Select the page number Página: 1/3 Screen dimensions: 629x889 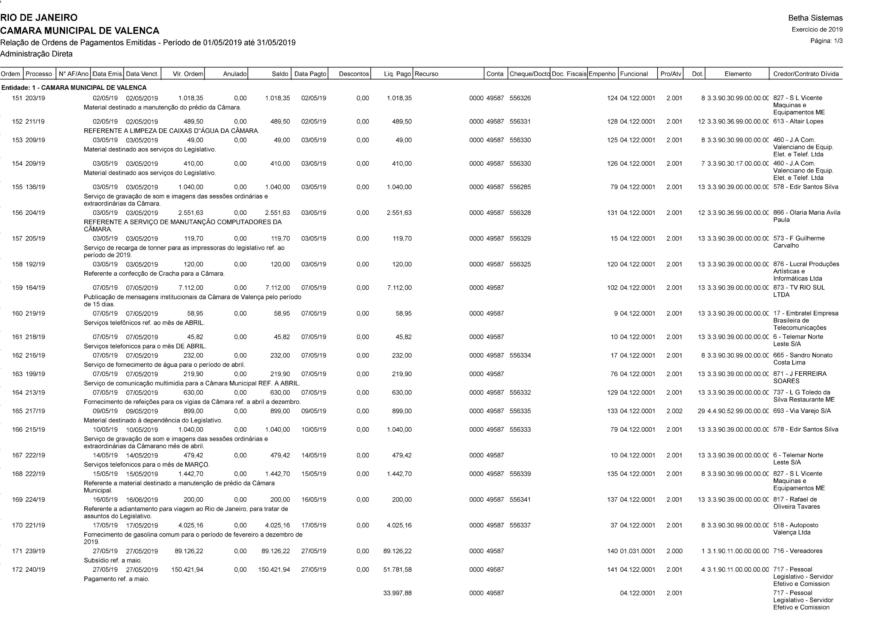click(x=826, y=41)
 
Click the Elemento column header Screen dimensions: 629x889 click(x=737, y=74)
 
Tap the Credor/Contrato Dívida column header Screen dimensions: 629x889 click(x=806, y=74)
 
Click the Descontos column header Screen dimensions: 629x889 click(x=353, y=74)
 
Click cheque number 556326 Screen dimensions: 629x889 click(x=520, y=98)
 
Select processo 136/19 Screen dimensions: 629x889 click(x=35, y=187)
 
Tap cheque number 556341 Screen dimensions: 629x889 click(x=520, y=500)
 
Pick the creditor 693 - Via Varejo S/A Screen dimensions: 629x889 click(x=802, y=411)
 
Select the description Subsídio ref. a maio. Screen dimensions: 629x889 click(x=113, y=561)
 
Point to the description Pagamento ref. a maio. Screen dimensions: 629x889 click(x=117, y=579)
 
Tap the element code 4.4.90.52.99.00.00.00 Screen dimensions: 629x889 click(x=737, y=411)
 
